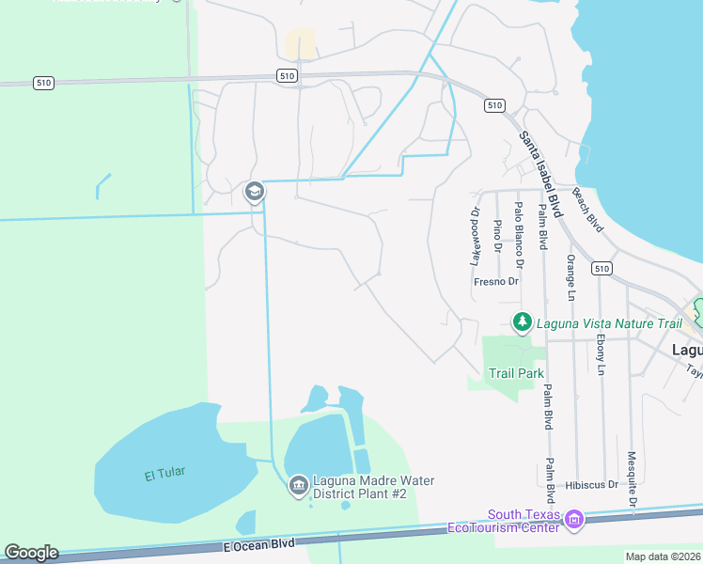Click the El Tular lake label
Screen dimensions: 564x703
pos(162,475)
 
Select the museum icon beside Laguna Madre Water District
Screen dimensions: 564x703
pos(298,485)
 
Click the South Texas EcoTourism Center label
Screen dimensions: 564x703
pos(523,520)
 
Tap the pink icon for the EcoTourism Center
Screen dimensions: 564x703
pos(574,518)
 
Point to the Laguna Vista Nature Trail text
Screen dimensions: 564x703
pos(608,323)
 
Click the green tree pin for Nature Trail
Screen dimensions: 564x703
pos(522,322)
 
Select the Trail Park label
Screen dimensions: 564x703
pos(516,373)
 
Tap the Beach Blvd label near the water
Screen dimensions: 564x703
pos(587,209)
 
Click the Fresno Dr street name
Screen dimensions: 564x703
pos(496,281)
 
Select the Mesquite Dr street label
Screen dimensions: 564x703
pos(633,482)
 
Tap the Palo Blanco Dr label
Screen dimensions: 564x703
pos(518,228)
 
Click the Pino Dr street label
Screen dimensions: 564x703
pos(497,238)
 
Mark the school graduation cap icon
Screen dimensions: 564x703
pos(253,193)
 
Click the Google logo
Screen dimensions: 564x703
pos(31,553)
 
